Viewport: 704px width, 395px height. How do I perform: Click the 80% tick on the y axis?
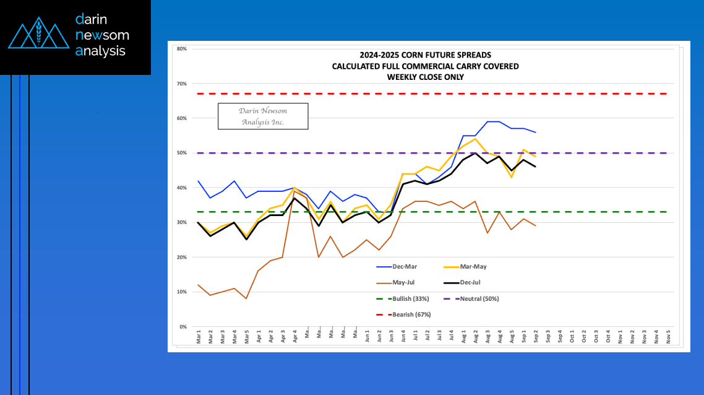pos(182,49)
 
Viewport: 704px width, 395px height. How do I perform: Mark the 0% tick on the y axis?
pos(183,327)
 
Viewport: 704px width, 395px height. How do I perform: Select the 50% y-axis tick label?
pos(182,153)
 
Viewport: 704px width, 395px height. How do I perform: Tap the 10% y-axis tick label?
pos(182,292)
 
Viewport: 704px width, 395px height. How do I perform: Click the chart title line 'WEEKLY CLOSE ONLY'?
pos(425,77)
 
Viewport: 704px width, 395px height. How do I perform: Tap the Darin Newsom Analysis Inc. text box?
pos(263,116)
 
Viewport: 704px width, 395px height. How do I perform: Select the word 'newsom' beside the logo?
pos(102,35)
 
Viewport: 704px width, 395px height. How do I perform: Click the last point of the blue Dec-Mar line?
pos(536,132)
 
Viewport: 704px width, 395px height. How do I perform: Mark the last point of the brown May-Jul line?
pos(536,226)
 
